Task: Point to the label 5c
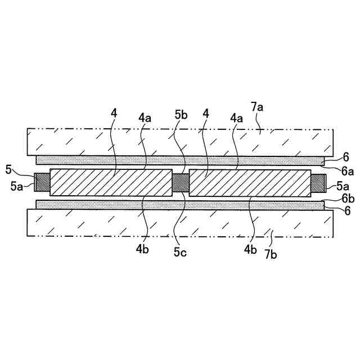click(181, 252)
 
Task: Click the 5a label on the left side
click(16, 184)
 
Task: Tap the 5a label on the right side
click(343, 184)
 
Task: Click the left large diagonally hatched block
click(111, 182)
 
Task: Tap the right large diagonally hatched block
click(250, 182)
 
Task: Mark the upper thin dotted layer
click(180, 160)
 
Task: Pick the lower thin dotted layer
click(180, 205)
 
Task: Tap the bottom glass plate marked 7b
click(180, 223)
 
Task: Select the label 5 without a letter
click(8, 169)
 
